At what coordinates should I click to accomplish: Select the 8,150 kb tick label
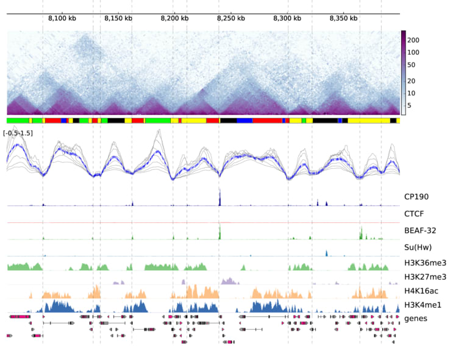pos(118,19)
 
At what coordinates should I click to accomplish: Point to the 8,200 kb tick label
pos(175,19)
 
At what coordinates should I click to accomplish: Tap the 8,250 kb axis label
pos(231,19)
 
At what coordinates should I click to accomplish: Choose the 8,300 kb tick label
pos(288,19)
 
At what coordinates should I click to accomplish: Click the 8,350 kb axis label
pos(344,19)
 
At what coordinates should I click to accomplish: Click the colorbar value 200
pos(415,40)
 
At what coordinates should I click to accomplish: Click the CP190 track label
pos(417,197)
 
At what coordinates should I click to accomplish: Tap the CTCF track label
pos(415,214)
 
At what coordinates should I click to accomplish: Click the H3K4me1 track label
pos(422,305)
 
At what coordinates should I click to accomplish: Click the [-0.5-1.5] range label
pos(18,133)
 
